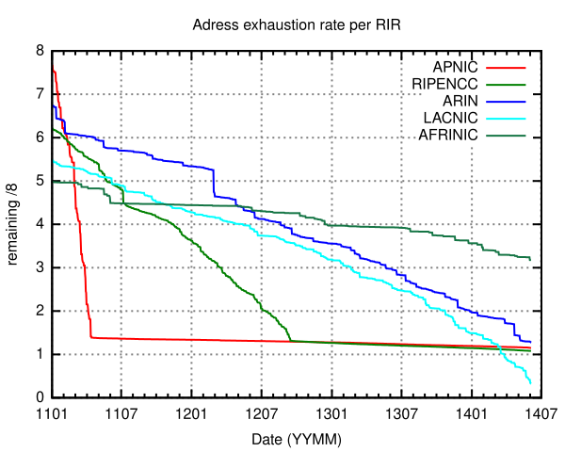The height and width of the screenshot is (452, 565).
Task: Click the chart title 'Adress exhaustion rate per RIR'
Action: tap(297, 25)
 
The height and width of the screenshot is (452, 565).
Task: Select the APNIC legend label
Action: tap(455, 67)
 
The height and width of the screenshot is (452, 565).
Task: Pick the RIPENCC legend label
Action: tap(444, 84)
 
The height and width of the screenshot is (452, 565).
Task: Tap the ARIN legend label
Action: tap(460, 101)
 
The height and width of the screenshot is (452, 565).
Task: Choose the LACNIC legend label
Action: tap(450, 118)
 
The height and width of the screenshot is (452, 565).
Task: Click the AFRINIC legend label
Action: tap(448, 136)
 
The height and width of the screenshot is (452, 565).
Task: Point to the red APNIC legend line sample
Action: tap(506, 68)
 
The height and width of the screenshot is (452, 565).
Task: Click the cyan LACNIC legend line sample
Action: tap(506, 119)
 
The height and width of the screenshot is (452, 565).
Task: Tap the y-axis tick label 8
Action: tap(40, 51)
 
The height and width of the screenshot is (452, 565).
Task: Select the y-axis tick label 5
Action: tap(40, 181)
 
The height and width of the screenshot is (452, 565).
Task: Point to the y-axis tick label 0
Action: tap(40, 397)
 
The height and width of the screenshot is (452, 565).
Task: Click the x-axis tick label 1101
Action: tap(52, 413)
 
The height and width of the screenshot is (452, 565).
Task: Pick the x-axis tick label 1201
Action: tap(191, 413)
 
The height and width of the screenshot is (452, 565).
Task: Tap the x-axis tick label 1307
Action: tap(401, 413)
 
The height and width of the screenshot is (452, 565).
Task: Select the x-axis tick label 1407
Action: tap(541, 413)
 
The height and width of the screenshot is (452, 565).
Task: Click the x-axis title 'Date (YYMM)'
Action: tap(297, 440)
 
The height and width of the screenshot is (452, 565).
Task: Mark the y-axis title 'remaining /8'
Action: tap(12, 224)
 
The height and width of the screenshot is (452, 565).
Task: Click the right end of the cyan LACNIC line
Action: tap(530, 383)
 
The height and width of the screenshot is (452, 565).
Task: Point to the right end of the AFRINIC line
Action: tap(530, 260)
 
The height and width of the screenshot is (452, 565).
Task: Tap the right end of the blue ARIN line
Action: tap(530, 342)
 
